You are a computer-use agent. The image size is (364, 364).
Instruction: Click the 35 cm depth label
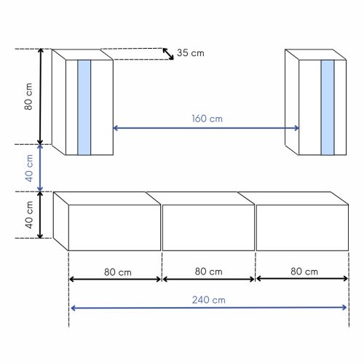(x=191, y=54)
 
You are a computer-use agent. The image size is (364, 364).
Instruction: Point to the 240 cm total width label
(x=208, y=298)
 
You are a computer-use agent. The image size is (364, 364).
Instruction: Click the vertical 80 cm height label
(x=28, y=97)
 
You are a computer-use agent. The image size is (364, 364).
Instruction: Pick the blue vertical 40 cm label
(x=28, y=167)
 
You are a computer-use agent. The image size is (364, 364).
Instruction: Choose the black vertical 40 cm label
(x=28, y=215)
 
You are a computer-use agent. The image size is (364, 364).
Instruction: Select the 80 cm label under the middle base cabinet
(x=209, y=272)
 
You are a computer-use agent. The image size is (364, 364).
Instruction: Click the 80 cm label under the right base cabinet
(x=302, y=272)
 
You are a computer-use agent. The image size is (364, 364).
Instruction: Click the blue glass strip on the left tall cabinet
(x=84, y=107)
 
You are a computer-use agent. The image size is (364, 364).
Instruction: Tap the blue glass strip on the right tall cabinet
(x=327, y=107)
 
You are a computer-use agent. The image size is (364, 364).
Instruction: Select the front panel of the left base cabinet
(x=114, y=228)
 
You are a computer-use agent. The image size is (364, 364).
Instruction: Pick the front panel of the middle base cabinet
(x=208, y=228)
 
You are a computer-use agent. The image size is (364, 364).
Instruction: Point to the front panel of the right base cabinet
(x=301, y=228)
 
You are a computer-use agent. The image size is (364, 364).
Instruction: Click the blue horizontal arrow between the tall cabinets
(x=206, y=128)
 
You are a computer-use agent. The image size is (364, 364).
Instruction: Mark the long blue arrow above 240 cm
(x=208, y=307)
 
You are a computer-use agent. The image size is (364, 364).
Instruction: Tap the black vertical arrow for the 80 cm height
(x=41, y=97)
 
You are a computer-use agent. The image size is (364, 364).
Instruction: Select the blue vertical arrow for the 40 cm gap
(x=41, y=167)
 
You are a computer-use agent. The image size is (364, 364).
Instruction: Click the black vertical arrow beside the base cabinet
(x=41, y=215)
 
